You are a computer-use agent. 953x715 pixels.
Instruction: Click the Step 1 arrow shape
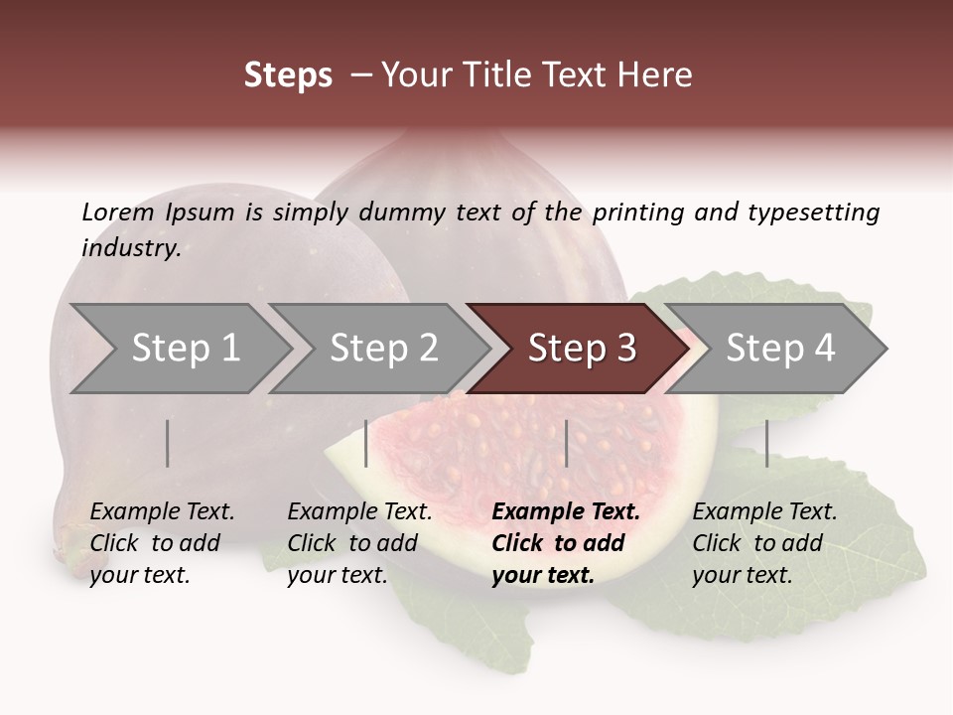(184, 349)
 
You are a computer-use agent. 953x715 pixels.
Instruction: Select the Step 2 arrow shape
(382, 349)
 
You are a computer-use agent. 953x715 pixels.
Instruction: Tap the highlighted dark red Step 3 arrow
(581, 349)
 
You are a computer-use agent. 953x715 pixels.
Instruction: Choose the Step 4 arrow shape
(779, 349)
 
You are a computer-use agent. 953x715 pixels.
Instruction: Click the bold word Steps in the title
(288, 75)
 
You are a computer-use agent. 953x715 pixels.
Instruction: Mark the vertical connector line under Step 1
(168, 443)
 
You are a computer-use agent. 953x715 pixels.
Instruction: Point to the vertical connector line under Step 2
(366, 443)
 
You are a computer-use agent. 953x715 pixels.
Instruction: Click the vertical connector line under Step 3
(566, 443)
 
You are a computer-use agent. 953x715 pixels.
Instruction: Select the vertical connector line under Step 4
(766, 443)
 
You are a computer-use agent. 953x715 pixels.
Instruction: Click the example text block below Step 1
(162, 543)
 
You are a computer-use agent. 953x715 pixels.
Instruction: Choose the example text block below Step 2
(359, 543)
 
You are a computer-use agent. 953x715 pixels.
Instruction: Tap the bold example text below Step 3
(565, 543)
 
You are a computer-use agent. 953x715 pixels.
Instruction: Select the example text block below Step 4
(764, 543)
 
